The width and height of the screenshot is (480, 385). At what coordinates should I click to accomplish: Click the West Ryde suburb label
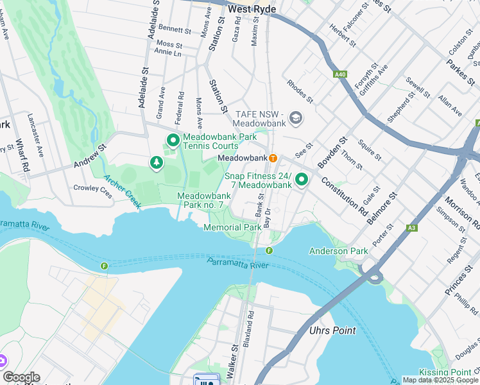coord(252,10)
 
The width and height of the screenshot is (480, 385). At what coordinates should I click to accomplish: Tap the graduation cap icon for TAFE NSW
coord(296,118)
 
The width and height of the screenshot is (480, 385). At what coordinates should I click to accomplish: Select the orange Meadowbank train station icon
coord(273,158)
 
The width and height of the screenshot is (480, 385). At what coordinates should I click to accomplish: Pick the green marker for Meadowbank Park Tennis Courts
coord(173,140)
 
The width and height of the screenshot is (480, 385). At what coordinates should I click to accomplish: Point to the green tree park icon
coord(156,164)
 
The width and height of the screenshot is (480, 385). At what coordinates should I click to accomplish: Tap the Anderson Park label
coord(338,251)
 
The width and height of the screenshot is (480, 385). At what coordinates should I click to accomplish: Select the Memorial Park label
coord(232,227)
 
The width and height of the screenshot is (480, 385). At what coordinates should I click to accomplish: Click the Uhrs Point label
coord(332,330)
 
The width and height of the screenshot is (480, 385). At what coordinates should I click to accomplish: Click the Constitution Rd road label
coord(345,196)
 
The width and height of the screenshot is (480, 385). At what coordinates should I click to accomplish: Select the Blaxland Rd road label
coord(250,326)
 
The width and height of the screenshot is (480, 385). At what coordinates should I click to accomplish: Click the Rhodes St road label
coord(299,91)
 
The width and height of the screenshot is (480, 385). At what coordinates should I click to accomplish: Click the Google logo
coord(21,377)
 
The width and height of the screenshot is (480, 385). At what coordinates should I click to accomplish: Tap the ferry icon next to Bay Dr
coord(269,250)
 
